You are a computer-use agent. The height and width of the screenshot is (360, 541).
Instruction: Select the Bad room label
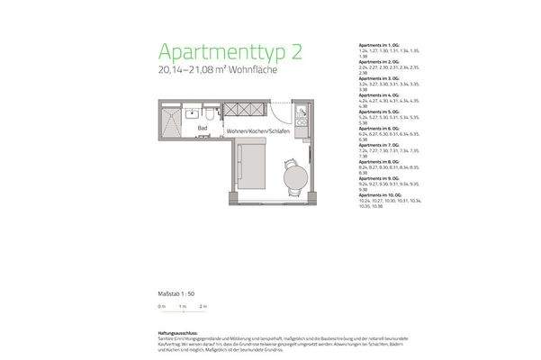coord(203,129)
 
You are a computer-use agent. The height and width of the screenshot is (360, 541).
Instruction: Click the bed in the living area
coord(251,166)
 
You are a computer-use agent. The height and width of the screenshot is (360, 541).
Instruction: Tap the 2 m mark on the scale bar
coord(203,308)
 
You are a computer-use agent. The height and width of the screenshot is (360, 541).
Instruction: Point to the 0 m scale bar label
coord(161,308)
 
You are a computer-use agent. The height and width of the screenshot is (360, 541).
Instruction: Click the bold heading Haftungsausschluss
coord(179,331)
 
